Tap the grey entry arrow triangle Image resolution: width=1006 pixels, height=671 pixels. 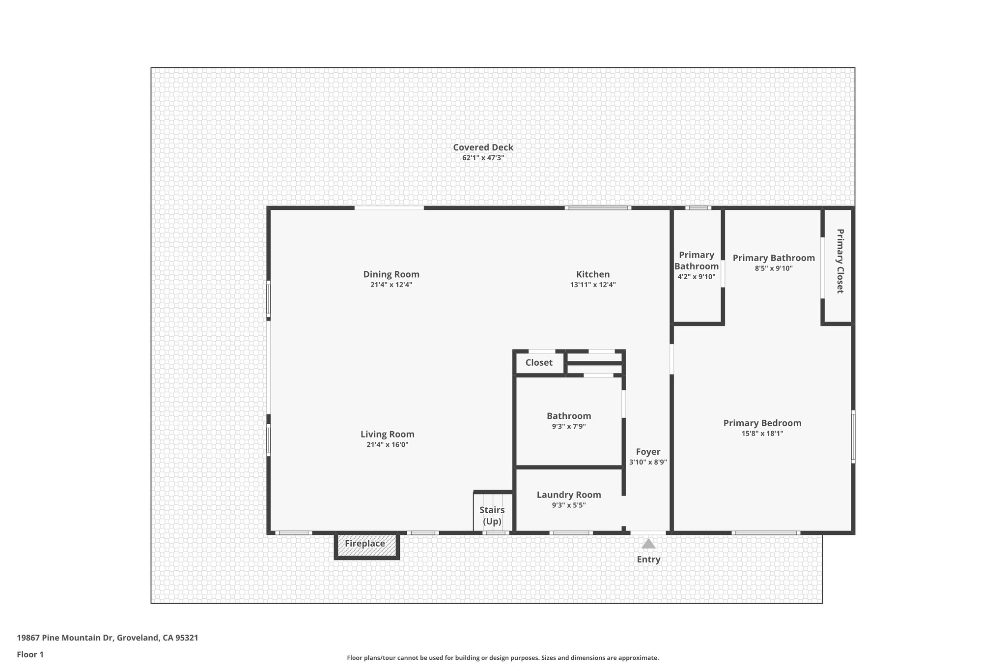click(x=648, y=543)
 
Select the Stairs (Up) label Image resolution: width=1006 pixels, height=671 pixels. click(x=492, y=515)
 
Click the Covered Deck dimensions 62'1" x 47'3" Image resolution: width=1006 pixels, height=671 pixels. click(x=483, y=158)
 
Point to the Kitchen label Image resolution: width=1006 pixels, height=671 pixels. click(x=592, y=274)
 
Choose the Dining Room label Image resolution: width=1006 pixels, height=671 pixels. click(x=391, y=274)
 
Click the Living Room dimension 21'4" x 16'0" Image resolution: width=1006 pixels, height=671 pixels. click(x=387, y=444)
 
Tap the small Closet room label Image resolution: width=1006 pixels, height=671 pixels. click(x=538, y=363)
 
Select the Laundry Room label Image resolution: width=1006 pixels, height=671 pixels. click(x=568, y=495)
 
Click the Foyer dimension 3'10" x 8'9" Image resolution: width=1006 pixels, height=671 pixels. click(x=647, y=462)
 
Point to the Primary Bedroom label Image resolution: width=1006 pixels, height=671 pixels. click(x=762, y=423)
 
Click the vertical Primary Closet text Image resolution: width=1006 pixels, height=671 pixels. click(x=839, y=261)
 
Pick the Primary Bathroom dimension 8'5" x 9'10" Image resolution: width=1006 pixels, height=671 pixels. click(x=773, y=268)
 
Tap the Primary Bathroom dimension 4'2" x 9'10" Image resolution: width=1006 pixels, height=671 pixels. click(x=696, y=277)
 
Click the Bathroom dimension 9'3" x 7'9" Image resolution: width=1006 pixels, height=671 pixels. click(x=568, y=426)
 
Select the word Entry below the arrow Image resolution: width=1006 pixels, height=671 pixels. click(x=648, y=559)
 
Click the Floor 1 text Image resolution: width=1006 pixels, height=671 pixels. click(x=30, y=654)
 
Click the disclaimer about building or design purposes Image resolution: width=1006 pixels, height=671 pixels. click(x=503, y=658)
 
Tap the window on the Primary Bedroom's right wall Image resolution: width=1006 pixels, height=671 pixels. click(x=853, y=437)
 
